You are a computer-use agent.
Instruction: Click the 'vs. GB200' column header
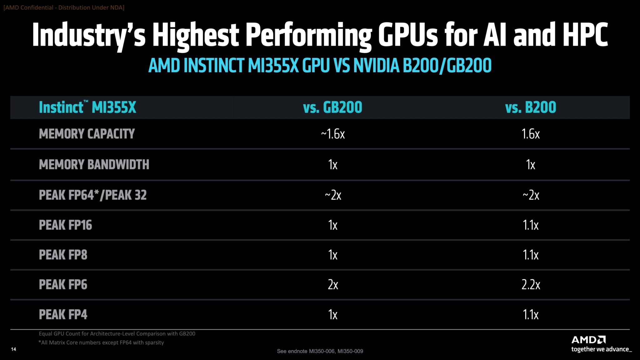332,107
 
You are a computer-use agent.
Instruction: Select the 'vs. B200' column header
531,107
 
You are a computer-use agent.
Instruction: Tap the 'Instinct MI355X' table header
87,107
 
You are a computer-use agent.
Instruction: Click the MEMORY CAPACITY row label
87,134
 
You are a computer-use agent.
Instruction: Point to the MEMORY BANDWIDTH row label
94,164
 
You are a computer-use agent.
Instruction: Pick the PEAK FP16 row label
66,225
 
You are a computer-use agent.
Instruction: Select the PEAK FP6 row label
63,285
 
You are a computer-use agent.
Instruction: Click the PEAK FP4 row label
63,314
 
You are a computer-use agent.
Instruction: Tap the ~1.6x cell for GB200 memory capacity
333,134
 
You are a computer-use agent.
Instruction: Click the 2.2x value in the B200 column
531,285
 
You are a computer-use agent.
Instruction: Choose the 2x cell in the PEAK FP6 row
333,285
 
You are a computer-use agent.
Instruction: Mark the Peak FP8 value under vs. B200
531,255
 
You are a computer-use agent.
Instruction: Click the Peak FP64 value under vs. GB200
333,195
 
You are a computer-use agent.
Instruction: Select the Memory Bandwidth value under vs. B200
531,165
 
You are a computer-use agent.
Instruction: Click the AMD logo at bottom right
588,340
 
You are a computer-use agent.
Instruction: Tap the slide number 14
13,349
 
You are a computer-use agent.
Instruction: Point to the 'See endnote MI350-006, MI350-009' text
320,351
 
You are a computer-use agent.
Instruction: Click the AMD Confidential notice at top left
64,7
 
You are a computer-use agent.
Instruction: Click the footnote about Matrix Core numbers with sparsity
101,342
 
